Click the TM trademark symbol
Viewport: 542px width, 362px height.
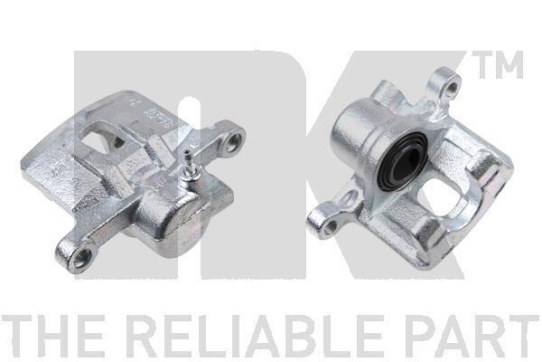[498, 65]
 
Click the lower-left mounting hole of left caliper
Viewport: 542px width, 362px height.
[80, 257]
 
